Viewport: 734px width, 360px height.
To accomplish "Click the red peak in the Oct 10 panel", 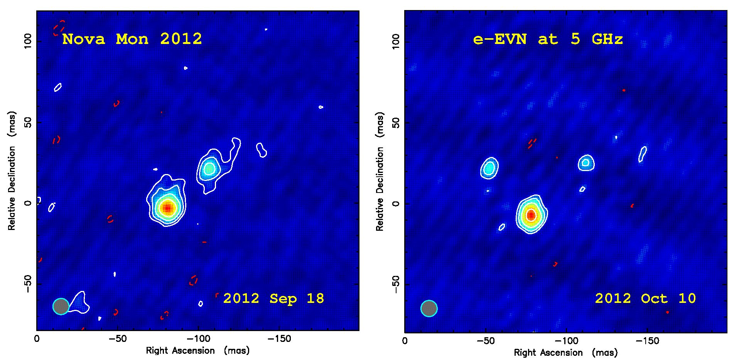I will click(531, 215).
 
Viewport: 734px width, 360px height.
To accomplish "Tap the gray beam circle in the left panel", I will click(61, 306).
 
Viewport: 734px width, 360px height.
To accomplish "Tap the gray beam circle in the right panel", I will click(429, 308).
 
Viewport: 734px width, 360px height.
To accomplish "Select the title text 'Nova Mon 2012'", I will click(132, 39).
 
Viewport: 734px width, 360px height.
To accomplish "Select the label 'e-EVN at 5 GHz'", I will click(548, 39).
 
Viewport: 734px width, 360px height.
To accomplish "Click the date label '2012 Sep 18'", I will click(273, 298).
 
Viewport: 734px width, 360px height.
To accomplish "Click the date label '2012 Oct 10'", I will click(645, 298).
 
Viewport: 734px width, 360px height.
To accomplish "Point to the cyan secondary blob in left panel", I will click(209, 169).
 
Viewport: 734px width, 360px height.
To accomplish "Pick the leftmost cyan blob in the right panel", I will click(489, 168).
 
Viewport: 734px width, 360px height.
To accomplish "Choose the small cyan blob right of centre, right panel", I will click(586, 162).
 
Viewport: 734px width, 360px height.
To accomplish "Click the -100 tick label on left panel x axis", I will click(199, 339).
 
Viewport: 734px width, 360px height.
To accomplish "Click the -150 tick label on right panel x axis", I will click(647, 341).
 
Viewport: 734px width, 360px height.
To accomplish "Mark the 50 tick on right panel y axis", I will click(396, 123).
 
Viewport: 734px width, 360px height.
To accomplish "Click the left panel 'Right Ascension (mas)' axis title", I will click(197, 350).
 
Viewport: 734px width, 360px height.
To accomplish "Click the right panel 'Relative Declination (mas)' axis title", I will click(380, 172).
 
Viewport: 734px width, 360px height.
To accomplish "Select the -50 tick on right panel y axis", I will click(396, 285).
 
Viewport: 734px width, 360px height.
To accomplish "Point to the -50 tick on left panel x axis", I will click(118, 339).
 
